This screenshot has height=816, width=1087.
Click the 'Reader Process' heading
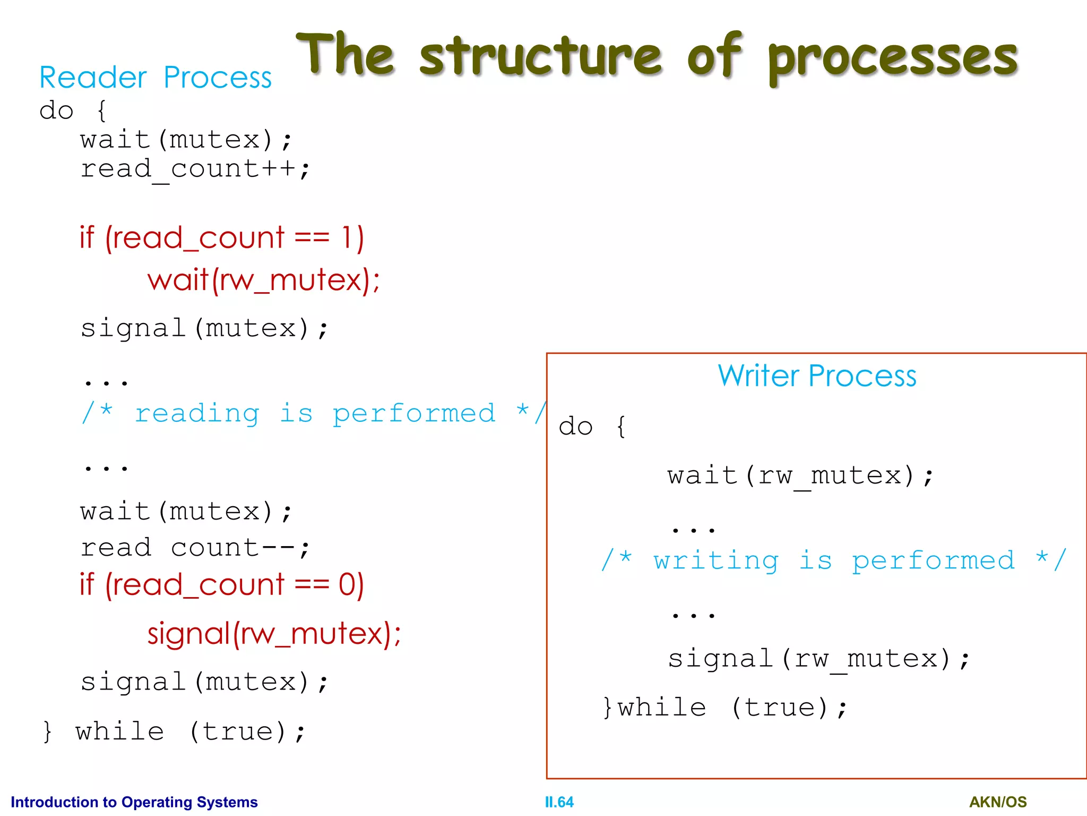click(156, 78)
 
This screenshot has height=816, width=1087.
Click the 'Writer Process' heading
click(817, 376)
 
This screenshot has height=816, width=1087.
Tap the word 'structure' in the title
click(540, 56)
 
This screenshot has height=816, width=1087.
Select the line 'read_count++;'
click(195, 169)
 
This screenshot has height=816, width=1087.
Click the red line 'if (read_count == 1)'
click(222, 237)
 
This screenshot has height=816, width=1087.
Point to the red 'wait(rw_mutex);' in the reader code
click(264, 280)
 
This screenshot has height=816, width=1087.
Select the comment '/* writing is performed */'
click(833, 560)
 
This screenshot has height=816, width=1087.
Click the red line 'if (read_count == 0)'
click(222, 585)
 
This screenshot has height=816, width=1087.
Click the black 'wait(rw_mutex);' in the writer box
click(800, 475)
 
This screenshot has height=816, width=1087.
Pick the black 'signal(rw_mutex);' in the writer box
click(818, 659)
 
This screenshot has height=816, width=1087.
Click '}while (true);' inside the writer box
click(725, 708)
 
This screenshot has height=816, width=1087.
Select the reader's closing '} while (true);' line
click(174, 732)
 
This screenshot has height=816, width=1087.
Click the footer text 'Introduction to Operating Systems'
click(134, 802)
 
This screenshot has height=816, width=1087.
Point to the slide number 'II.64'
click(559, 802)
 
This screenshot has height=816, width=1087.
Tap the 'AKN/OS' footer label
click(998, 802)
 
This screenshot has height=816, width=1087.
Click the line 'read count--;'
click(195, 548)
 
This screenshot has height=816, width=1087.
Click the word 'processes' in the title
click(893, 58)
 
